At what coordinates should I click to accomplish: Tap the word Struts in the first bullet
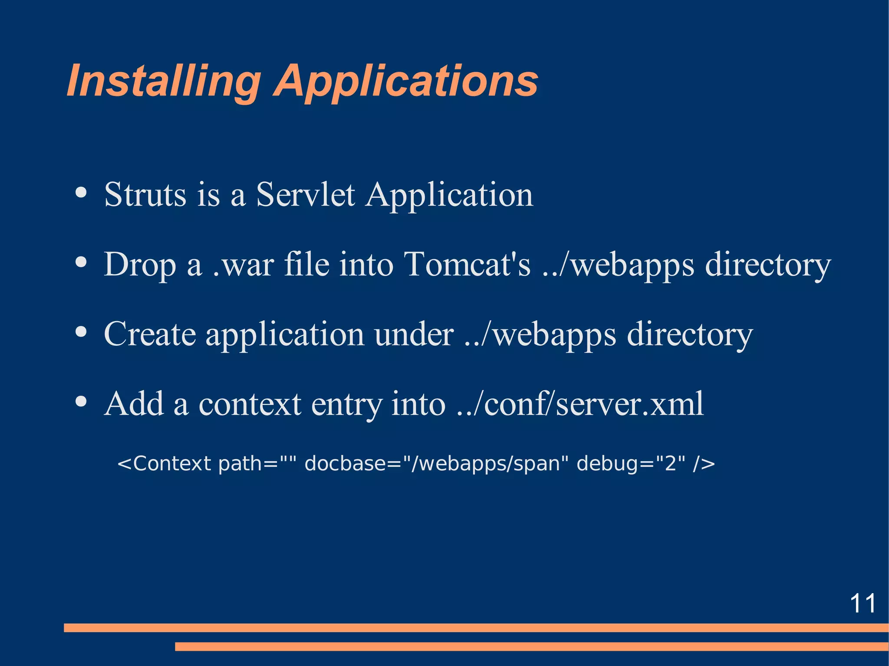(x=145, y=195)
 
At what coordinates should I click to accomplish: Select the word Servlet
(x=306, y=195)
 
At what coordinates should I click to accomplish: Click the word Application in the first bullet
(x=449, y=195)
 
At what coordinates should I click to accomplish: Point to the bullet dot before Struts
(x=81, y=192)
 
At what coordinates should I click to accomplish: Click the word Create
(x=150, y=334)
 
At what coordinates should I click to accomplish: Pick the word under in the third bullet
(x=414, y=334)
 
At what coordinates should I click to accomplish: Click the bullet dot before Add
(x=81, y=401)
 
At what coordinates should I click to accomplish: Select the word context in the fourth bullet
(x=250, y=404)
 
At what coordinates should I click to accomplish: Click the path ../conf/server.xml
(x=580, y=404)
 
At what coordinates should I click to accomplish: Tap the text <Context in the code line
(x=164, y=464)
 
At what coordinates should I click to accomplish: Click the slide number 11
(x=863, y=604)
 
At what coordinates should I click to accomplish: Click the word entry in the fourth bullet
(x=346, y=404)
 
